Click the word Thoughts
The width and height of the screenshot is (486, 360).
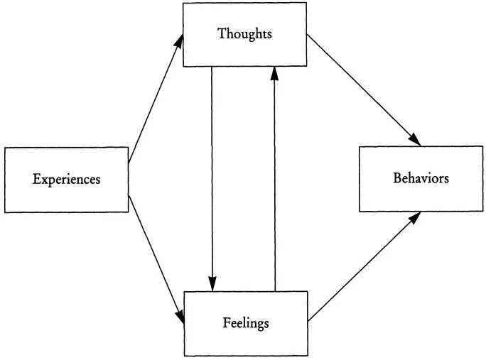244,35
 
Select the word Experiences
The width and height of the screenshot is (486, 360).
66,179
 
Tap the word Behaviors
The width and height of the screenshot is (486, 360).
421,178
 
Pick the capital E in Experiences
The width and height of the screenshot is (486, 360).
36,179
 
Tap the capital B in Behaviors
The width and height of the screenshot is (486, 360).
396,178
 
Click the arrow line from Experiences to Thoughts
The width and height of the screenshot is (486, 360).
155,100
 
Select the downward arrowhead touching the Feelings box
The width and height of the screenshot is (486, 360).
212,284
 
